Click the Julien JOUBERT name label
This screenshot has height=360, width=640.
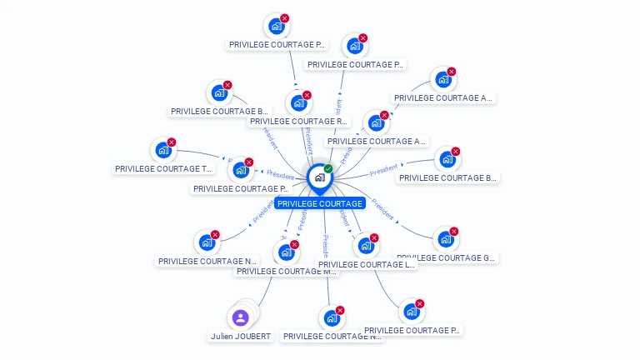click(x=240, y=337)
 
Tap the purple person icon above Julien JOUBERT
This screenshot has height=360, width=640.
click(x=240, y=317)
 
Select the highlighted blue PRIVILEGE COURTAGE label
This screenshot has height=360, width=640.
click(x=320, y=204)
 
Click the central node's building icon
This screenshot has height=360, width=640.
click(x=319, y=177)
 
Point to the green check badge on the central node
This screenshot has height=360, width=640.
click(x=328, y=169)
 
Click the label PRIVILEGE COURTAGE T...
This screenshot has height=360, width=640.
click(x=163, y=169)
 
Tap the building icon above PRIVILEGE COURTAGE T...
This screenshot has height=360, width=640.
click(x=163, y=151)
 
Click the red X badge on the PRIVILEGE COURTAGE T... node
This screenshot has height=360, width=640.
click(x=172, y=142)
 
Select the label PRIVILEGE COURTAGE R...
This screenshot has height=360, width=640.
click(x=298, y=122)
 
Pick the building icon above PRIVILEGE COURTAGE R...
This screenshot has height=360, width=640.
click(x=298, y=103)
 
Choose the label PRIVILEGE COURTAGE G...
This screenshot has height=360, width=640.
click(x=447, y=258)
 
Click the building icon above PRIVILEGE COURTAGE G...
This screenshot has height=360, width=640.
click(x=446, y=240)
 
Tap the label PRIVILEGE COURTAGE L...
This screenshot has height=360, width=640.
click(x=367, y=265)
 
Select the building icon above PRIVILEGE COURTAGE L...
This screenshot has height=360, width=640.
click(x=365, y=247)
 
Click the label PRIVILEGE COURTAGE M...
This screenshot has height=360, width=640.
click(x=287, y=271)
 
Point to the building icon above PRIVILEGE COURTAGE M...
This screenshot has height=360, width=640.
click(x=286, y=252)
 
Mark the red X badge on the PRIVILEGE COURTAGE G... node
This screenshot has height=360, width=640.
click(x=454, y=232)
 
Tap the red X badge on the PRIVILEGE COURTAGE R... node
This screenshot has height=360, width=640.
click(x=307, y=95)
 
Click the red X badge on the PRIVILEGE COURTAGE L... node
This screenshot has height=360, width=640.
click(x=374, y=238)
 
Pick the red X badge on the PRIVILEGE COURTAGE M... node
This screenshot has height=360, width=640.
click(x=294, y=244)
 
